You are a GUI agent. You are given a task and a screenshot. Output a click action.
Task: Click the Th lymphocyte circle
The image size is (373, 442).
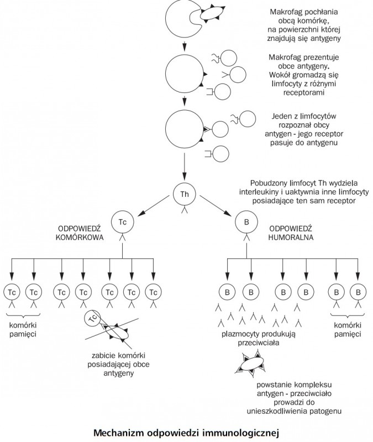(185, 194)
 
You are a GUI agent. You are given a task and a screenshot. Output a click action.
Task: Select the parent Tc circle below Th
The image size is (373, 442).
(122, 222)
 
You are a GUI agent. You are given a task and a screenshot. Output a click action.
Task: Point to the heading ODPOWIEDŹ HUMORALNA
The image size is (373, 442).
(291, 232)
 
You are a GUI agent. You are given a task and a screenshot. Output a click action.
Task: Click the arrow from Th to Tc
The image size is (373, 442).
(153, 208)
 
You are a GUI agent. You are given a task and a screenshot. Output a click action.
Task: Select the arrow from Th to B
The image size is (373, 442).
(214, 208)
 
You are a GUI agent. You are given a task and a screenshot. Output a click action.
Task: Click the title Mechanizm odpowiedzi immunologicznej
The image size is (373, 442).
(186, 430)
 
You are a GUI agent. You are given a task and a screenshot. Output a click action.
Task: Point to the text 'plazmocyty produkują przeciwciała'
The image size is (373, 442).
(250, 338)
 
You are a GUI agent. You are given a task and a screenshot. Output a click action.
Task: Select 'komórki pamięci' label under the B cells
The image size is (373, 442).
(347, 330)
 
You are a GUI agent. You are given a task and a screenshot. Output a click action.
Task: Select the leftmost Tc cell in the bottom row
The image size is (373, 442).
(12, 291)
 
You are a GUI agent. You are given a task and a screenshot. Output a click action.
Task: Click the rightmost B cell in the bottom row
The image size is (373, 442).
(358, 291)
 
